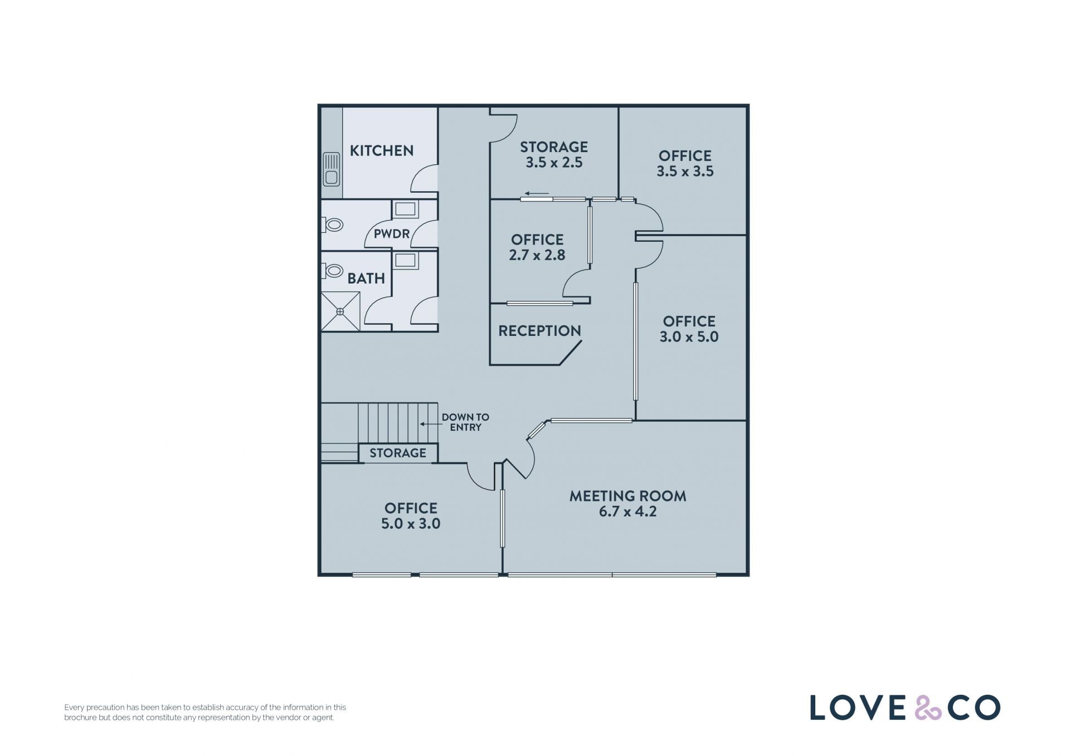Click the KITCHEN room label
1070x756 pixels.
click(381, 150)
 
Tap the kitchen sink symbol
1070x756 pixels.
click(332, 169)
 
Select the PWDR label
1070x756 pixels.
click(391, 234)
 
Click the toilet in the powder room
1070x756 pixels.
click(332, 225)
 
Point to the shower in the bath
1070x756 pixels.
click(340, 311)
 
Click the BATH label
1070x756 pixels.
click(366, 278)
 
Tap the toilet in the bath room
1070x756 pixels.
click(332, 271)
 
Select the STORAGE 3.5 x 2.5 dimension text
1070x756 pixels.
click(554, 163)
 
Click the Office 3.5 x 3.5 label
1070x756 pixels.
click(685, 163)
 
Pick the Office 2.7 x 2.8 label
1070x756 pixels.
click(537, 247)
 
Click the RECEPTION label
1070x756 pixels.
click(539, 331)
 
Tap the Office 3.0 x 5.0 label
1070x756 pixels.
click(689, 329)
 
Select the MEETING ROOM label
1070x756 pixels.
click(628, 496)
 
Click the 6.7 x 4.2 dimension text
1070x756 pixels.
click(628, 511)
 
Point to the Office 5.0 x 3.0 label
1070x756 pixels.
click(411, 516)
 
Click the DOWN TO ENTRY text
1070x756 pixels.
click(465, 422)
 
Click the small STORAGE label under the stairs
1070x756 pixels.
click(398, 453)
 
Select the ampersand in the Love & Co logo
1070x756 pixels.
click(928, 708)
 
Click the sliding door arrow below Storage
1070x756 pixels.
click(537, 194)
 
